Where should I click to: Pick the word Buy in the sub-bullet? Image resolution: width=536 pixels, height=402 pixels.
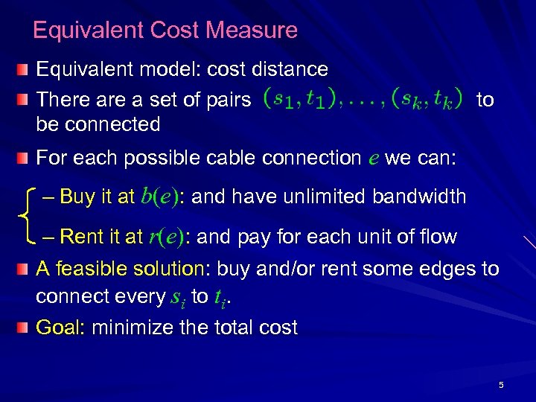point(78,197)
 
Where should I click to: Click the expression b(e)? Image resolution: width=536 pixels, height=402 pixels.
point(162,197)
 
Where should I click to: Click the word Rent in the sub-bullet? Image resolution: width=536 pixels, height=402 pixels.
point(82,237)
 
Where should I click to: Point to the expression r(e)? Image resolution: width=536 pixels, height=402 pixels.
point(167,237)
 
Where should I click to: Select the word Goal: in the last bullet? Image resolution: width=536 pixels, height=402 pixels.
point(62,328)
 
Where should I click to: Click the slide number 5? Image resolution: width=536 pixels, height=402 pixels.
point(501,385)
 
